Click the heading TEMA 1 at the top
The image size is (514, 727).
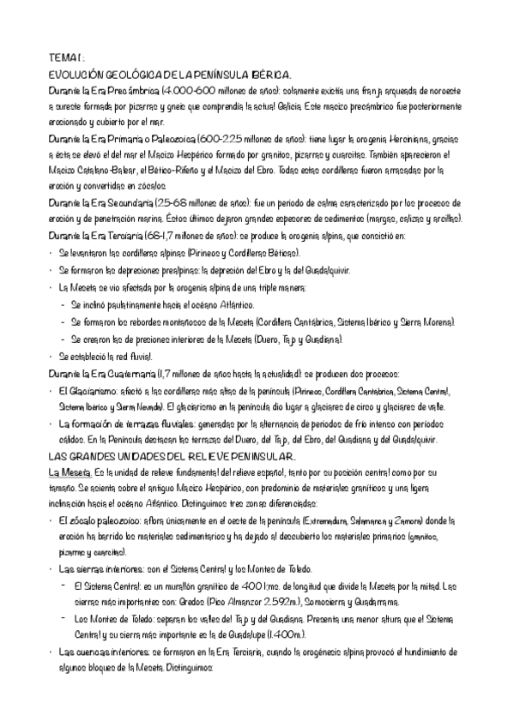[65, 58]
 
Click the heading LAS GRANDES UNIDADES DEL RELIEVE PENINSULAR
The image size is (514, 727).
[172, 456]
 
